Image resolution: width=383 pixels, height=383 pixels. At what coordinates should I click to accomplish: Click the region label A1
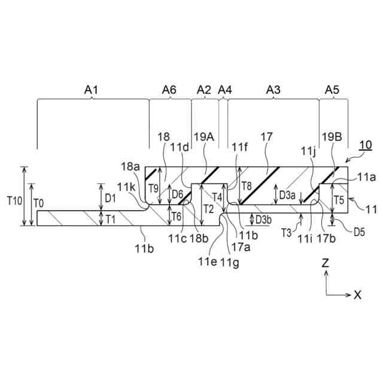coord(91,90)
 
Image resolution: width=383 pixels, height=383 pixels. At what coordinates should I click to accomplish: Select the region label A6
coord(169,90)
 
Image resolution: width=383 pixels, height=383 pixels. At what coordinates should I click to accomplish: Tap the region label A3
coord(273,90)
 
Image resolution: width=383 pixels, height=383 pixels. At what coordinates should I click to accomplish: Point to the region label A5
coord(332,90)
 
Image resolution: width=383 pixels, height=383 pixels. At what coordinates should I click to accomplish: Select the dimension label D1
coord(110,197)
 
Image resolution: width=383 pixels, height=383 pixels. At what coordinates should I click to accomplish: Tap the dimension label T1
coord(111,218)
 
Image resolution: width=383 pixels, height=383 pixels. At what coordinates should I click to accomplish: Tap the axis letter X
coord(357,294)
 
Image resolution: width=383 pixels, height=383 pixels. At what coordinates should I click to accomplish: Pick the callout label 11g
coord(227,261)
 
